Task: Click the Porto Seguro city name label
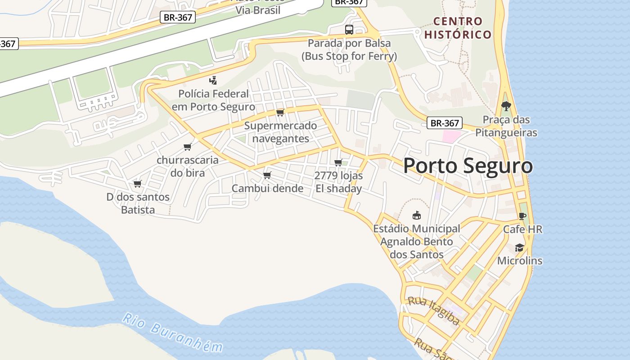pyautogui.click(x=468, y=166)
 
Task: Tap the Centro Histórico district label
pyautogui.click(x=458, y=27)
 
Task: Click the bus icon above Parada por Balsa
pyautogui.click(x=349, y=30)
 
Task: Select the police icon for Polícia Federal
pyautogui.click(x=213, y=81)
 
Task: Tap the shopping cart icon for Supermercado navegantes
pyautogui.click(x=280, y=112)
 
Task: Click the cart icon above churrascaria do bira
pyautogui.click(x=188, y=147)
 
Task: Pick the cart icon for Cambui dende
pyautogui.click(x=267, y=175)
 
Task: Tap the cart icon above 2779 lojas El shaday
pyautogui.click(x=338, y=162)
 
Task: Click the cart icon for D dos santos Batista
pyautogui.click(x=138, y=184)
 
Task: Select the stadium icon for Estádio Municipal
pyautogui.click(x=417, y=216)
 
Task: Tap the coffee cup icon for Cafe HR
pyautogui.click(x=522, y=216)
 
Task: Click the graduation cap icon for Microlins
pyautogui.click(x=519, y=248)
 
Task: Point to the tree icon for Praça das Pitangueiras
pyautogui.click(x=506, y=107)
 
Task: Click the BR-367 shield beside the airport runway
pyautogui.click(x=177, y=18)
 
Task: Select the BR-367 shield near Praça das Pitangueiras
pyautogui.click(x=445, y=123)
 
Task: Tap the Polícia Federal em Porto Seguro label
pyautogui.click(x=213, y=100)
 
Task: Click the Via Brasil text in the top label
pyautogui.click(x=258, y=10)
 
